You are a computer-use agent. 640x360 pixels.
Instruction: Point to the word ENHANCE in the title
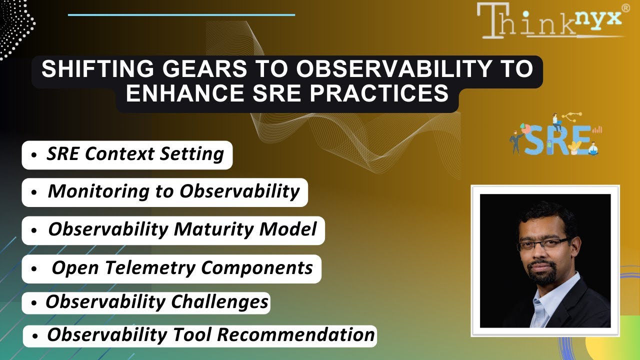click(x=177, y=93)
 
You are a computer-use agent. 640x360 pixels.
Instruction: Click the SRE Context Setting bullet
click(x=127, y=154)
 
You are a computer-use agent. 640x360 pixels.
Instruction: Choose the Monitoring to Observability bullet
click(x=164, y=192)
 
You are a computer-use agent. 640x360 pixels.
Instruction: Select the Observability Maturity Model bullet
click(x=173, y=230)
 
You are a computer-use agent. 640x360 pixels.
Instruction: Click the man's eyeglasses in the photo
click(x=542, y=245)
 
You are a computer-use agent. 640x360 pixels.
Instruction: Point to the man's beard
click(x=542, y=275)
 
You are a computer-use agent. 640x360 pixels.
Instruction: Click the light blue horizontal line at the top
click(x=181, y=15)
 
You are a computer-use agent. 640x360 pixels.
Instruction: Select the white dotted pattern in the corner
click(x=15, y=27)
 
